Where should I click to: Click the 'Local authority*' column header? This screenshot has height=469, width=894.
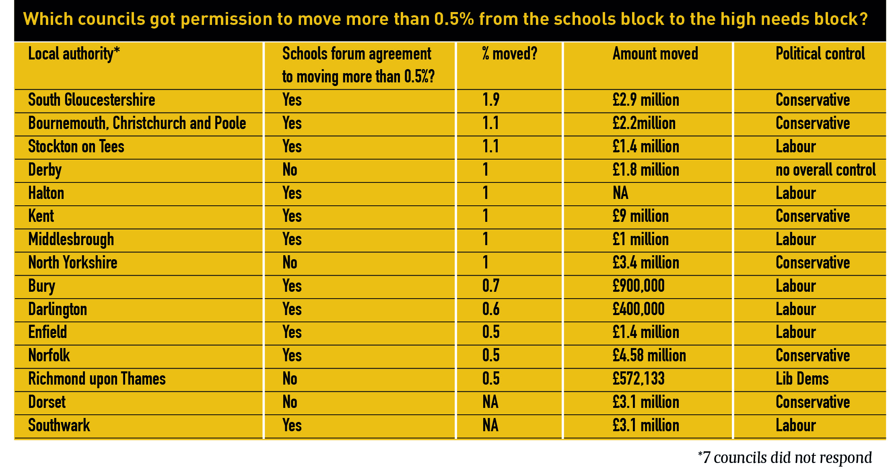tap(74, 54)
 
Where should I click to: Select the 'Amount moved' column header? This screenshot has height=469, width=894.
tap(655, 53)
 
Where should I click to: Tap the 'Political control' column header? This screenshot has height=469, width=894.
tap(820, 53)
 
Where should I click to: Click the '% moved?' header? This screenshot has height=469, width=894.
tap(510, 53)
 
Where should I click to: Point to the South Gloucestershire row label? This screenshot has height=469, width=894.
tap(92, 100)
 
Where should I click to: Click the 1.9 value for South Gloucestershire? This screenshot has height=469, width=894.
tap(491, 100)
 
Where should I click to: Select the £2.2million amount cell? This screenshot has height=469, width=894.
tap(644, 123)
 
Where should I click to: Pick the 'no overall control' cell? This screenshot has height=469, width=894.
tap(826, 170)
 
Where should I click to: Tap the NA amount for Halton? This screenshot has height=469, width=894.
tap(620, 193)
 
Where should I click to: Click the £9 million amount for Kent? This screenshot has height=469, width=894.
tap(641, 216)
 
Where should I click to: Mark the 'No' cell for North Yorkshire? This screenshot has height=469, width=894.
tap(290, 263)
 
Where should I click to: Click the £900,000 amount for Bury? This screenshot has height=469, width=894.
tap(639, 286)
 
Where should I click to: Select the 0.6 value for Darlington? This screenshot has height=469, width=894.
tap(491, 309)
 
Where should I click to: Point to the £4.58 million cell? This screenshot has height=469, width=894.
tap(649, 356)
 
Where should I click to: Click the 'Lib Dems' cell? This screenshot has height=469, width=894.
tap(802, 379)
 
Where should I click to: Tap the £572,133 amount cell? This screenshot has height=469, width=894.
tap(639, 379)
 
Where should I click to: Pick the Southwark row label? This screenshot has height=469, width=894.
tap(59, 426)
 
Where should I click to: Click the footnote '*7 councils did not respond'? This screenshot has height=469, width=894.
tap(785, 458)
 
